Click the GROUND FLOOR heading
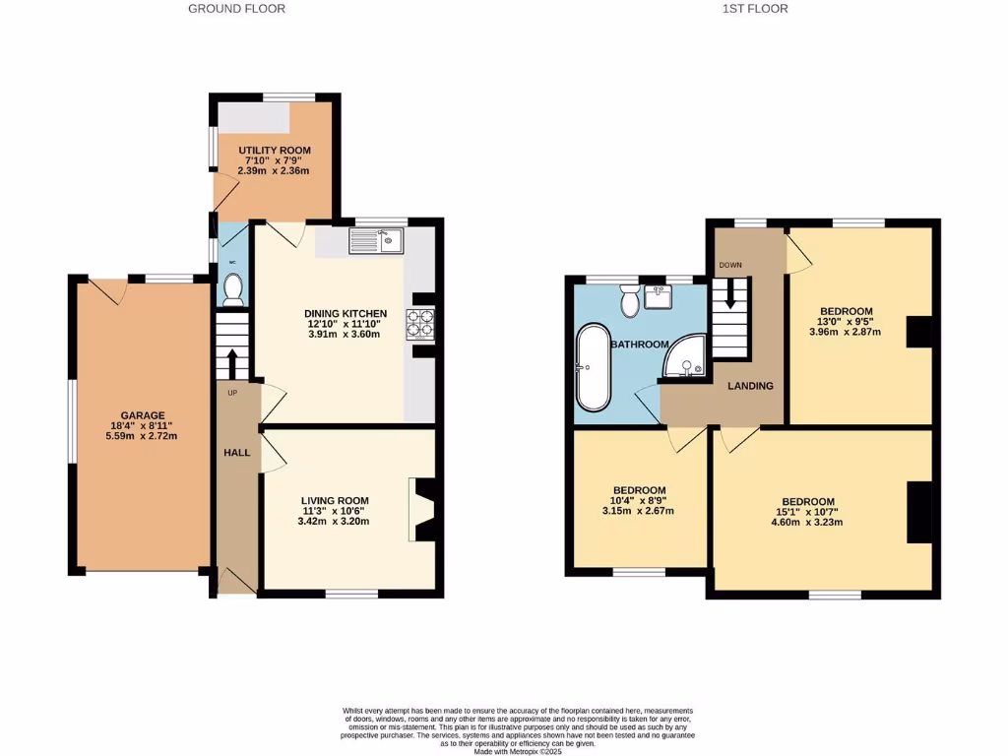236,9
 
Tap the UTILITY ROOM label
275,150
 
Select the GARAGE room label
143,415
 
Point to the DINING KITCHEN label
338,314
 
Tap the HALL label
236,453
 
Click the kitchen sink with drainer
377,240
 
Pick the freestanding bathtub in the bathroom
594,367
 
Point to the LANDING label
750,386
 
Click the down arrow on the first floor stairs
729,297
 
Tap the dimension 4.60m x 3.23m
809,523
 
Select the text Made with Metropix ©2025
518,751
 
